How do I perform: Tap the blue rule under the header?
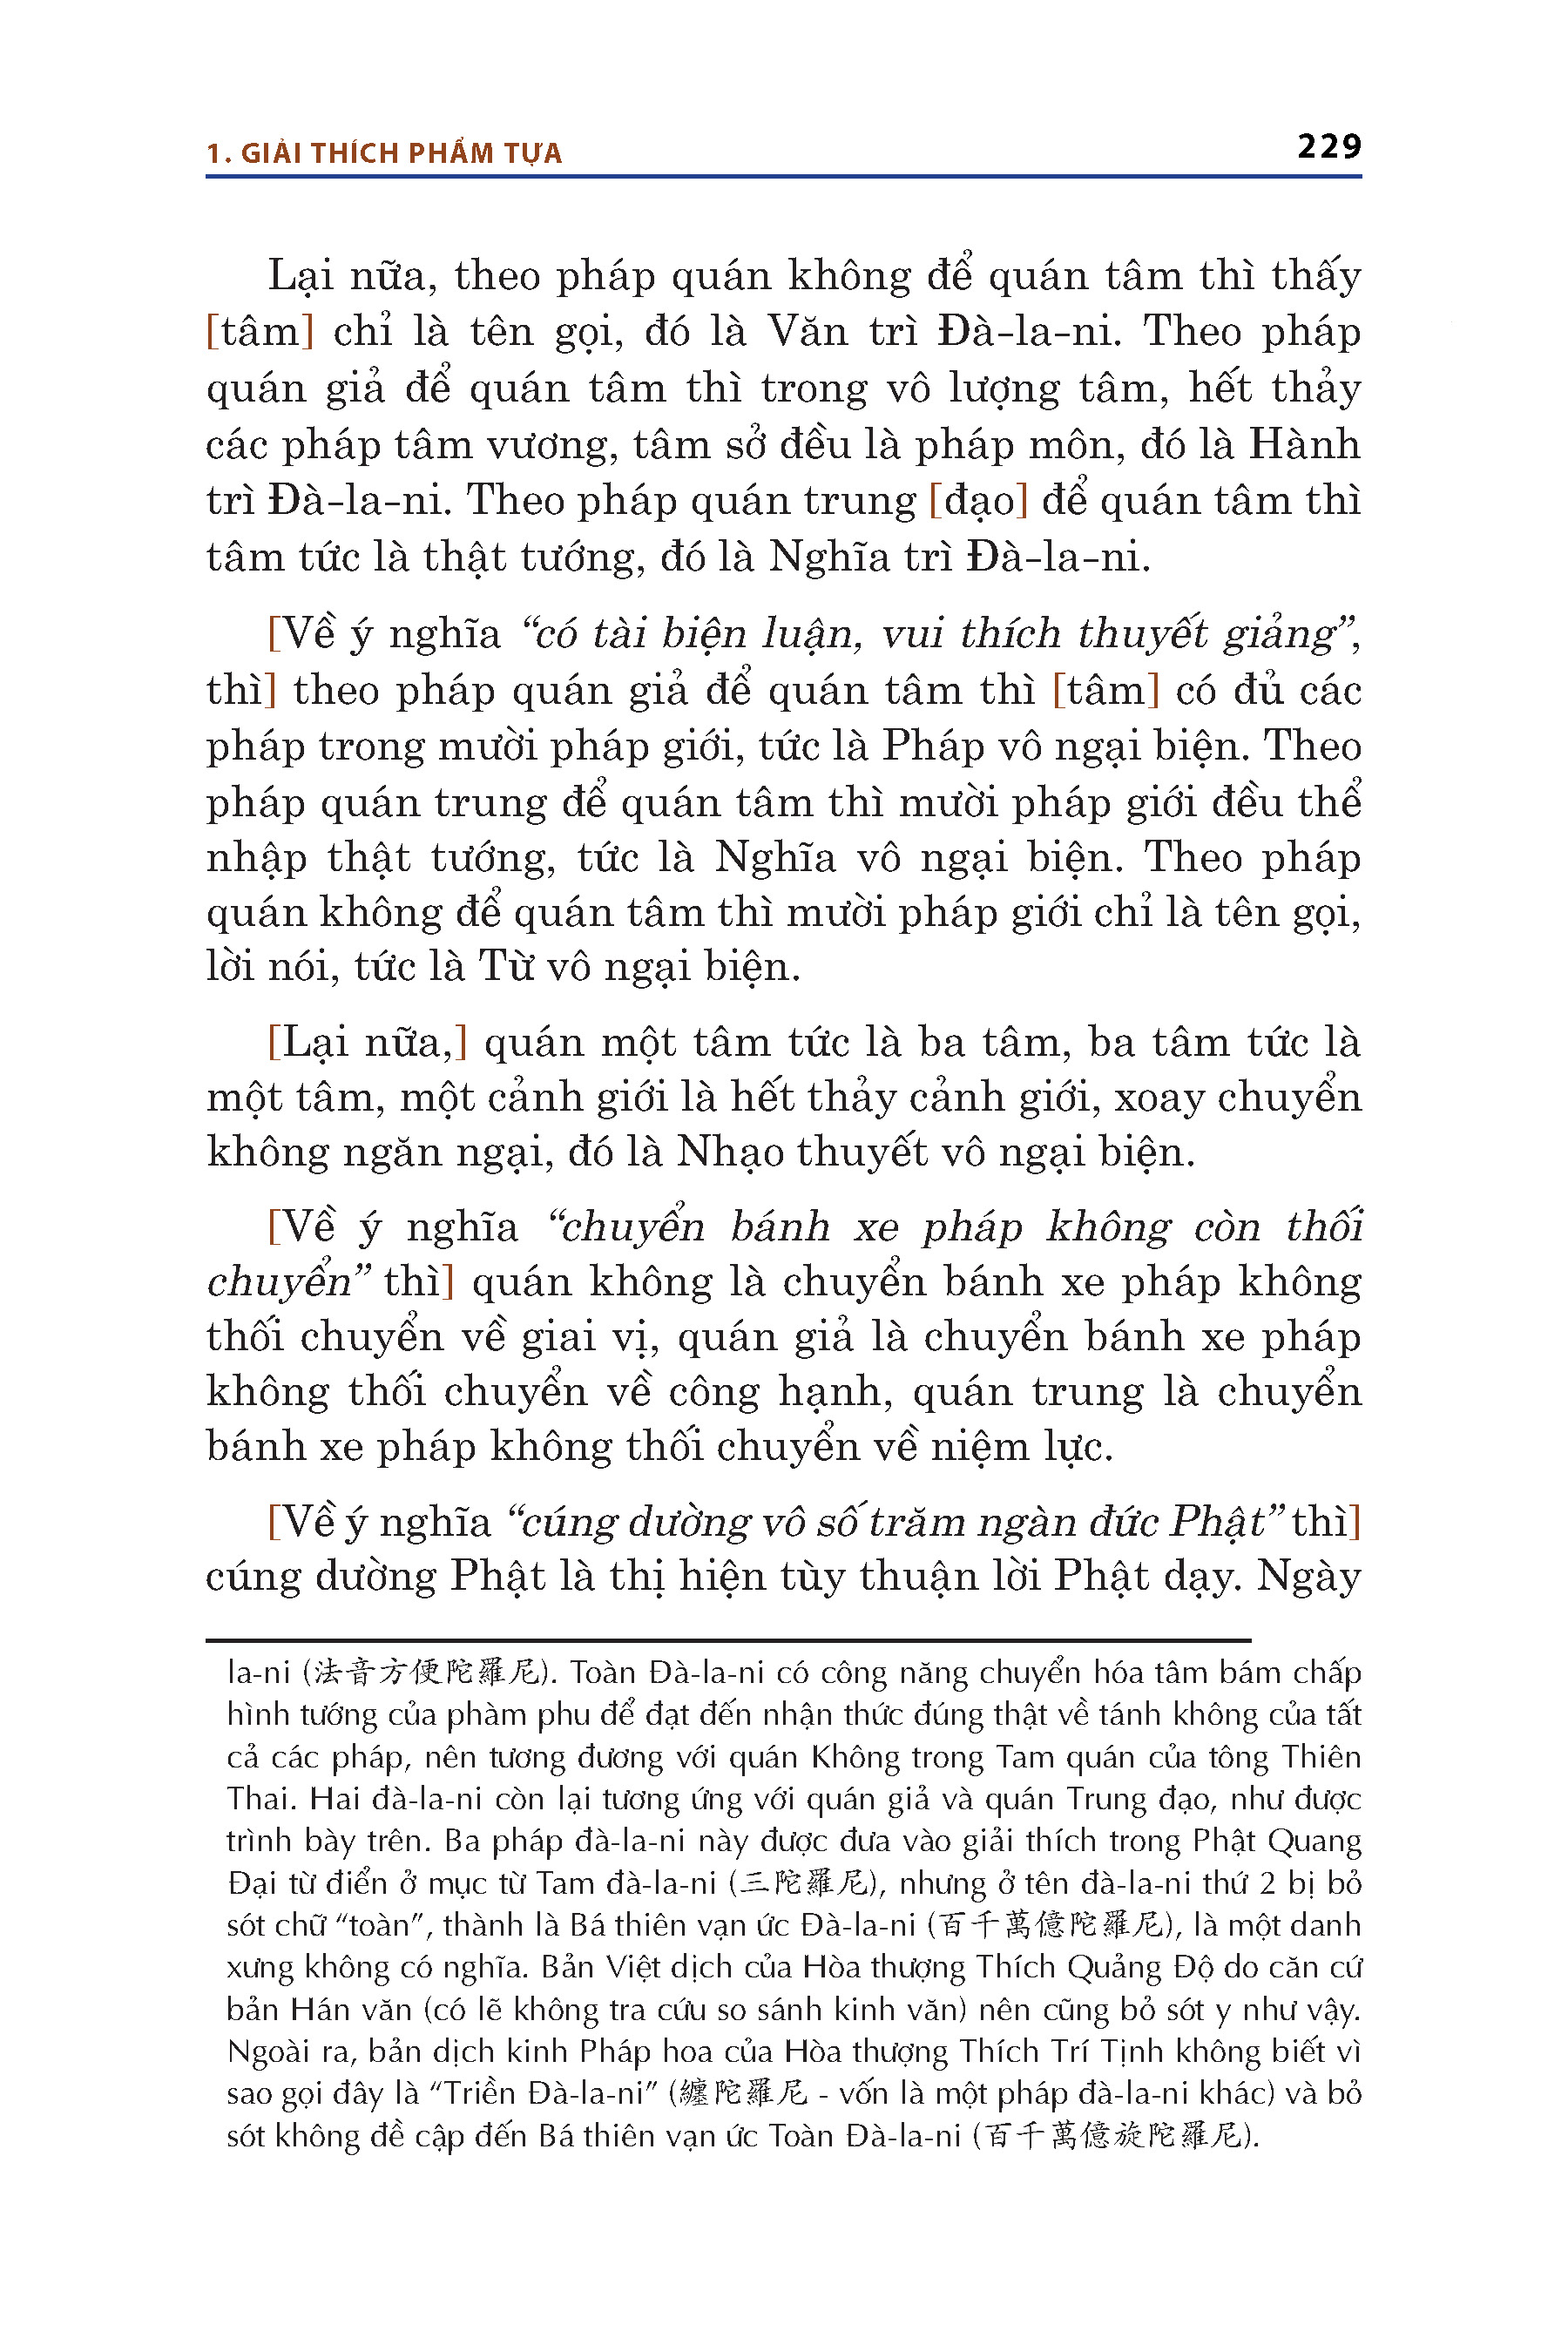click(x=783, y=177)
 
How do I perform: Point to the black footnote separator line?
click(x=728, y=1641)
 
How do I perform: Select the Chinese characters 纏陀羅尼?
click(x=742, y=2093)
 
